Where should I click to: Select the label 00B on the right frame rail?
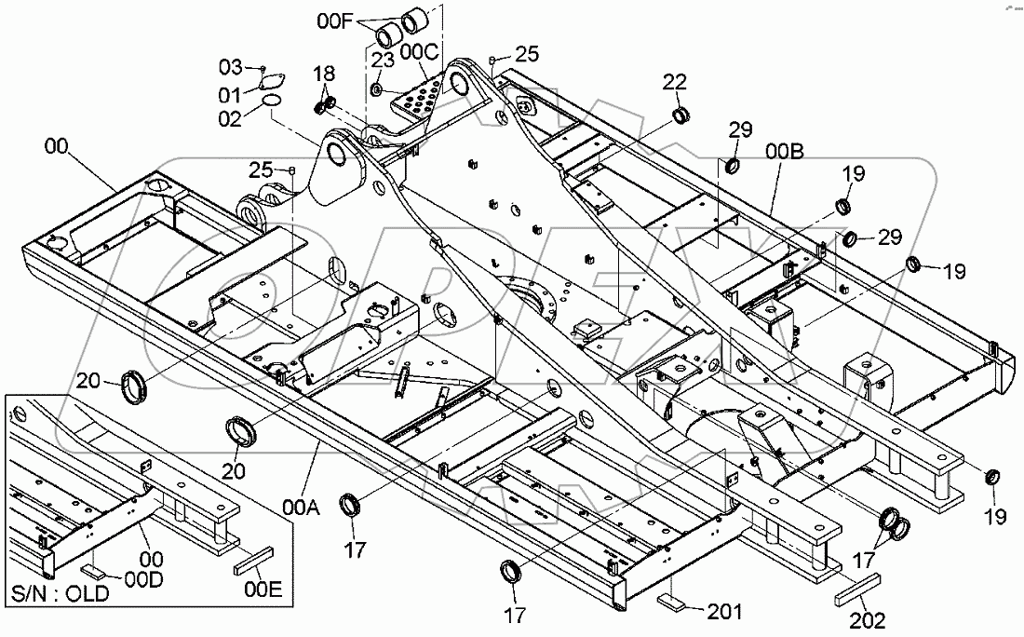tap(785, 151)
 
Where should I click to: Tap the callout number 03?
tap(230, 67)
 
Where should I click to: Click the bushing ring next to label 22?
tap(680, 116)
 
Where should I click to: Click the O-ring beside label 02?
tap(271, 99)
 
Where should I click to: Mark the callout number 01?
tap(230, 93)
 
